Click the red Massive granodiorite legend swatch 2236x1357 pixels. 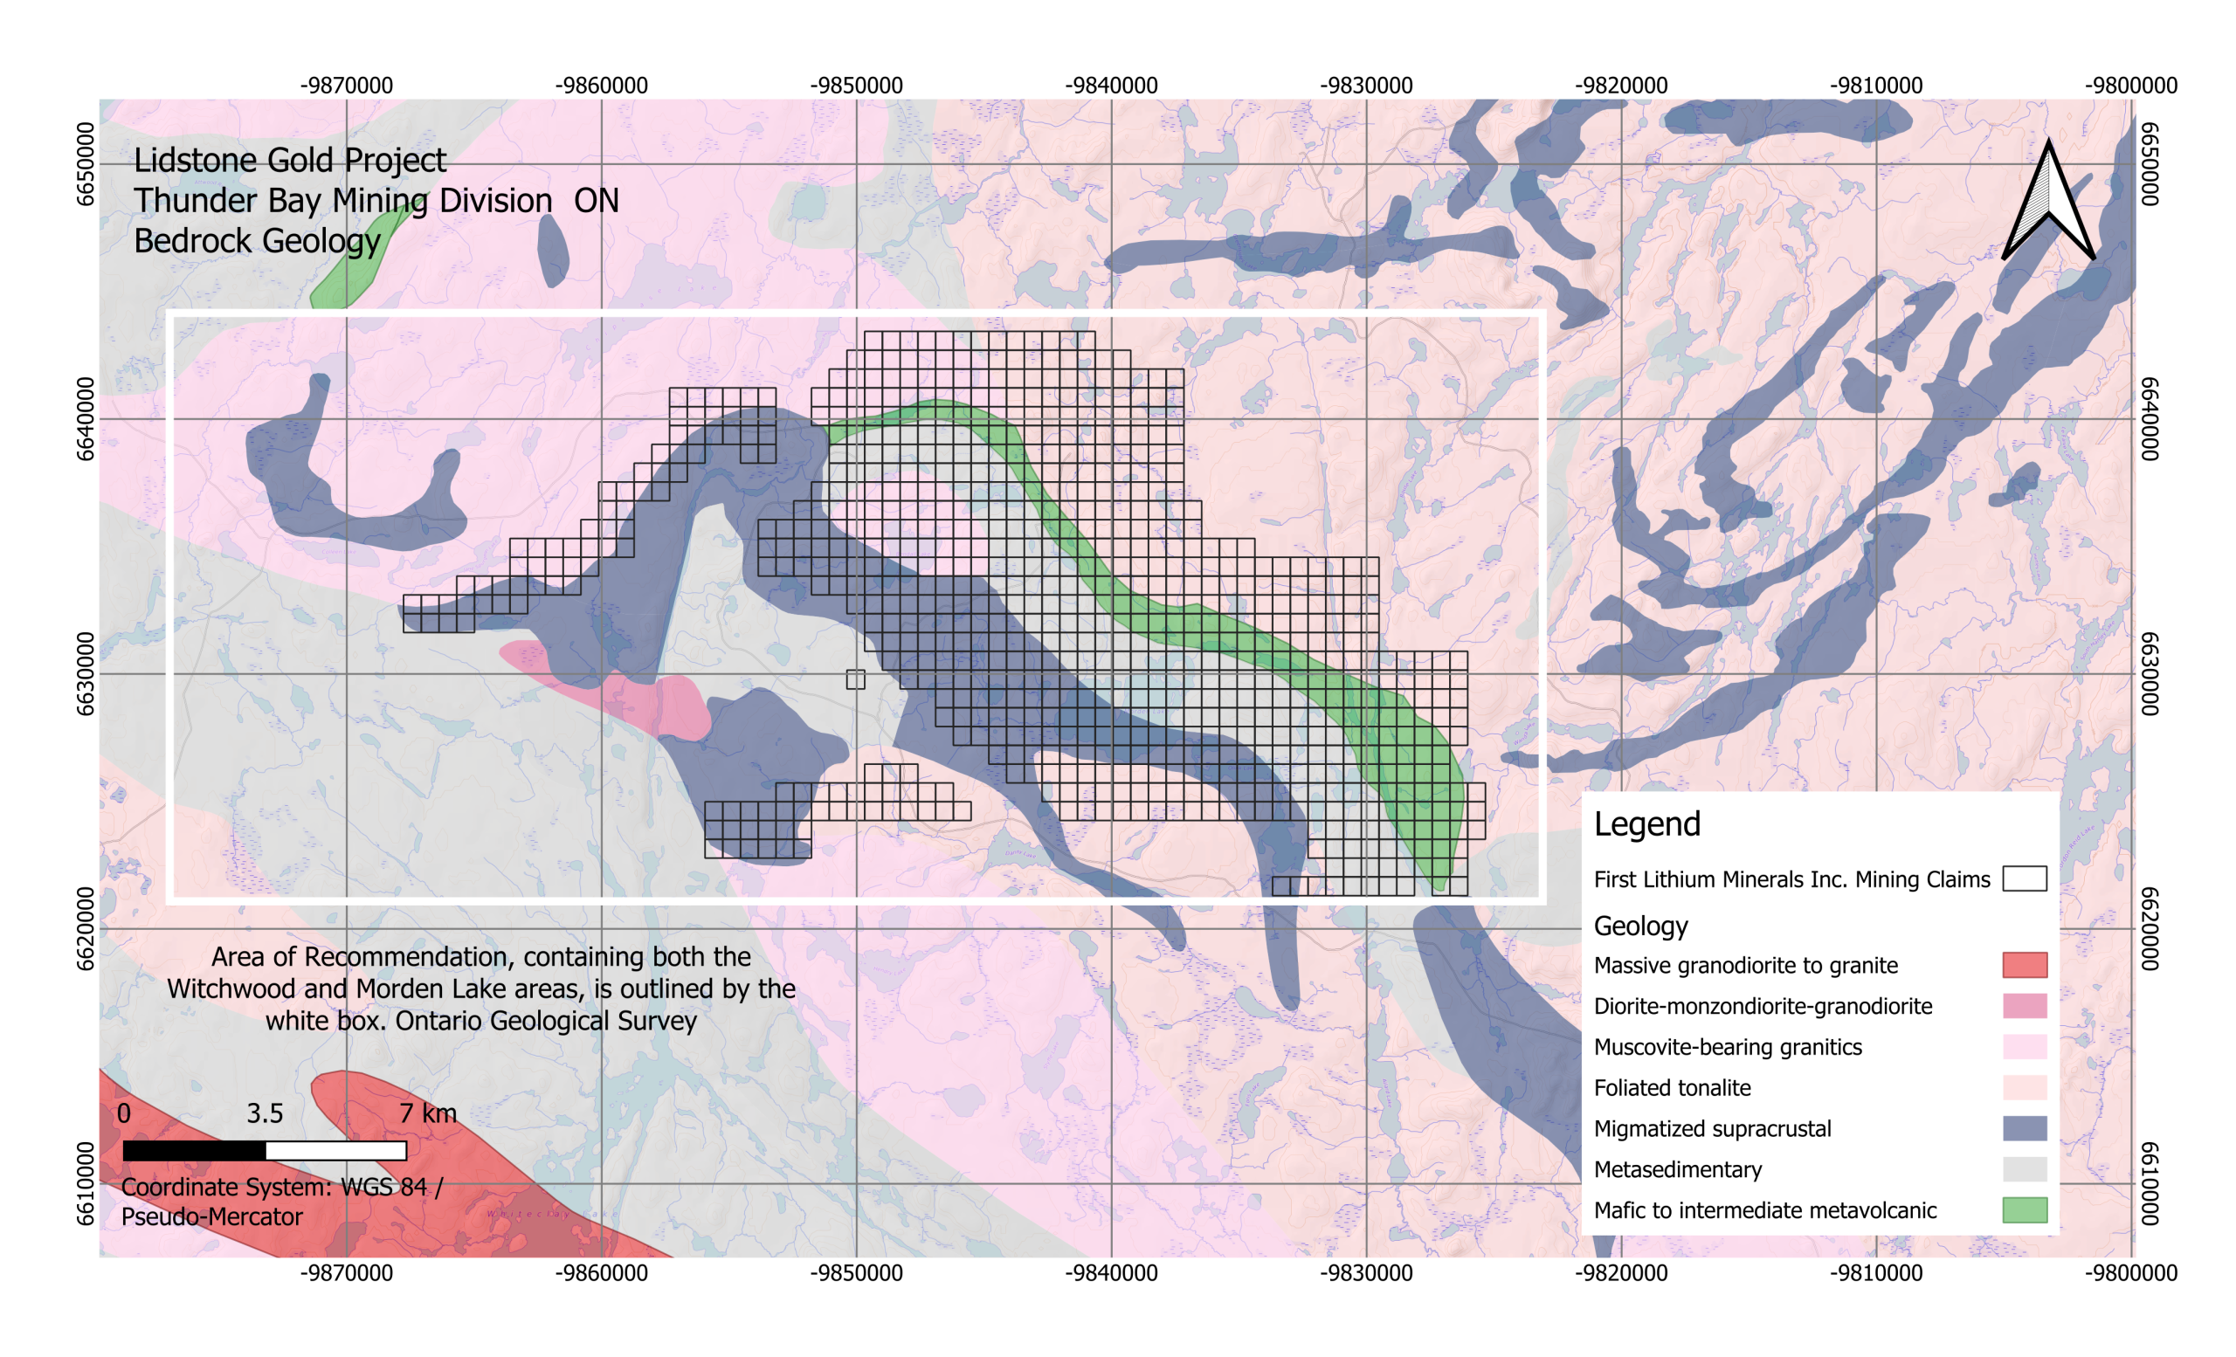[2024, 964]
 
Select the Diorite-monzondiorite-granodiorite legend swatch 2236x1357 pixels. [2024, 1005]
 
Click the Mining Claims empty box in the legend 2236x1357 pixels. [2024, 878]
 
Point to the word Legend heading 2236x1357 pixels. [1646, 823]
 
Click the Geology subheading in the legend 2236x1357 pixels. [1639, 926]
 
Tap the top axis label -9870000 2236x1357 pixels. [346, 86]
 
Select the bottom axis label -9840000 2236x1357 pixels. [1111, 1272]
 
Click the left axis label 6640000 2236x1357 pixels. [85, 419]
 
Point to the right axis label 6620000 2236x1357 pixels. [2149, 929]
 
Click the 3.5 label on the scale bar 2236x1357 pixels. [265, 1113]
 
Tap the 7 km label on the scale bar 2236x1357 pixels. [427, 1113]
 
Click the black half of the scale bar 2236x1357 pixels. [194, 1150]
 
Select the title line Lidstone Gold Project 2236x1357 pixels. [289, 161]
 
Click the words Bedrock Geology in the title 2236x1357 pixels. [257, 241]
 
